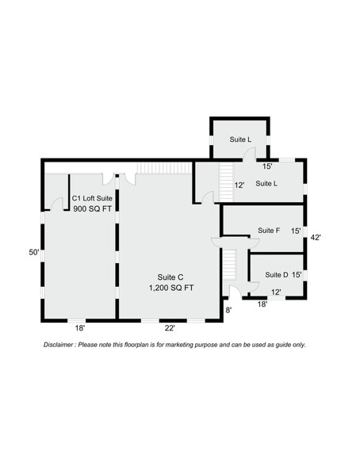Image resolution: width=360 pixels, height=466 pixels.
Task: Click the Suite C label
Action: click(170, 277)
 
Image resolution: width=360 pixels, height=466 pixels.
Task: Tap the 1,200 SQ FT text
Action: click(170, 288)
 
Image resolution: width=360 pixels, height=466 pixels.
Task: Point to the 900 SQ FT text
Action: click(90, 210)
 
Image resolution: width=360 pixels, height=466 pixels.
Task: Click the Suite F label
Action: click(269, 231)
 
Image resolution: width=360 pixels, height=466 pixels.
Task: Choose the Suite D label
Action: click(276, 275)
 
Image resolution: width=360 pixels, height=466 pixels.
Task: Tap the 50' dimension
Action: click(34, 252)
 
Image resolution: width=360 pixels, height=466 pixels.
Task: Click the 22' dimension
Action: click(170, 327)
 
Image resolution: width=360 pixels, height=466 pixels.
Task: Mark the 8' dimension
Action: click(228, 310)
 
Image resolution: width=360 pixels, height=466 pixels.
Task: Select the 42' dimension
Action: click(315, 237)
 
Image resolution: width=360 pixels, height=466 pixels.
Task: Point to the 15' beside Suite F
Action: click(296, 231)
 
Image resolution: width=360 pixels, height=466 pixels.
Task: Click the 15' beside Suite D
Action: click(297, 275)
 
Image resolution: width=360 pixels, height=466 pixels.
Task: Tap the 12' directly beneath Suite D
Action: click(276, 292)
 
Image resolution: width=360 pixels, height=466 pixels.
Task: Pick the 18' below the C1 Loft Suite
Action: click(79, 327)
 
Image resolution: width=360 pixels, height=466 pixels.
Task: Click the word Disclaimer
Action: click(59, 345)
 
